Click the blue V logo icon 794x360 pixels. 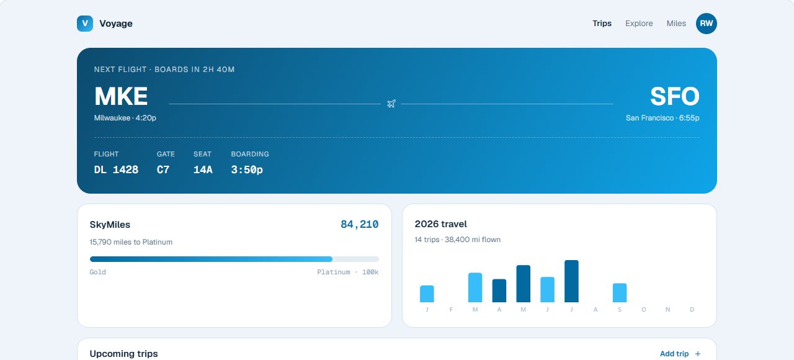point(85,24)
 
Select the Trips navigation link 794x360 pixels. point(602,24)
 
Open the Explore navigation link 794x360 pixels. point(639,24)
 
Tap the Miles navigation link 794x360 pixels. point(676,24)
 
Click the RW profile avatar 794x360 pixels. point(706,24)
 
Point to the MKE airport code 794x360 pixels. point(121,96)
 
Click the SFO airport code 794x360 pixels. point(674,96)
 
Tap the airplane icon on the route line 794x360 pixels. point(391,104)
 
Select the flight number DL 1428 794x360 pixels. point(116,169)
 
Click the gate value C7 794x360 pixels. point(163,169)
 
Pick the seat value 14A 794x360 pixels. point(203,169)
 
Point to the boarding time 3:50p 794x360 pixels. point(247,169)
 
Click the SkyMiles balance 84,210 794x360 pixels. point(359,224)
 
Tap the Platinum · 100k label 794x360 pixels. point(348,272)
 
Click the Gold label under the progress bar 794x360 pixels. point(97,272)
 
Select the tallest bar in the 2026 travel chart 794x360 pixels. point(571,281)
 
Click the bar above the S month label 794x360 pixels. point(620,292)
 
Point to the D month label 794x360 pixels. point(692,309)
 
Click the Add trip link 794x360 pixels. point(680,354)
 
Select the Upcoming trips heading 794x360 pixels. point(123,354)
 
